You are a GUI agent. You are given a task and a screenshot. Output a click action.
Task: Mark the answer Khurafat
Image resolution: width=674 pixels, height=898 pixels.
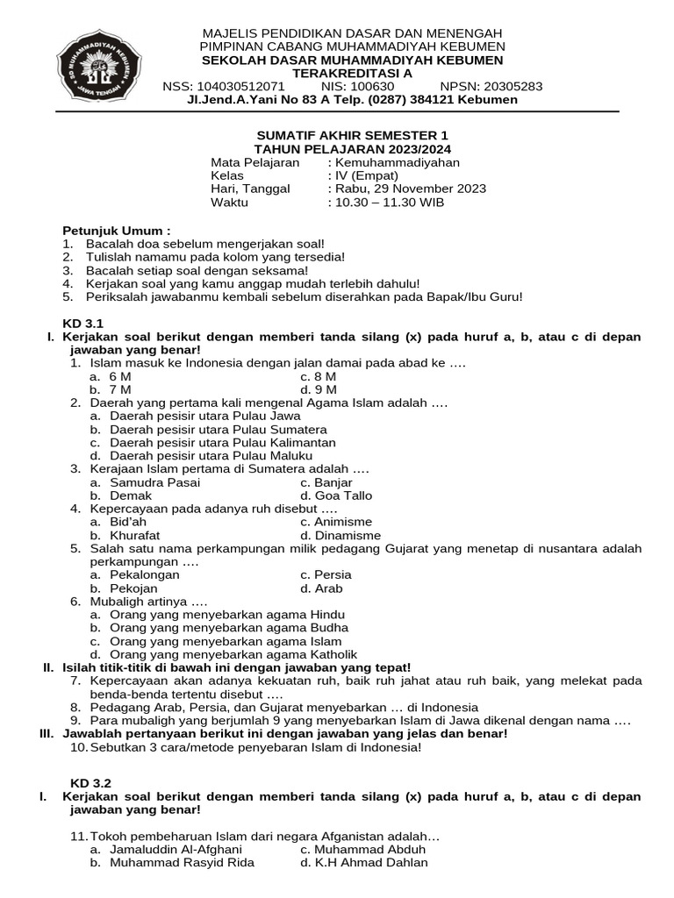tap(134, 535)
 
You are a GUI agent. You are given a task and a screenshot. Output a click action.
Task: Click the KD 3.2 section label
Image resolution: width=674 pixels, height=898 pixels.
tap(91, 782)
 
